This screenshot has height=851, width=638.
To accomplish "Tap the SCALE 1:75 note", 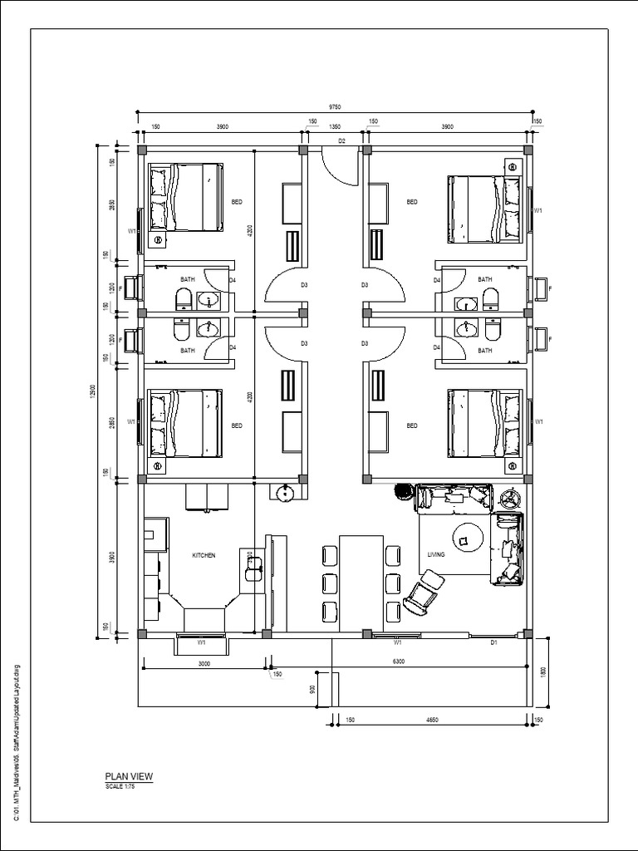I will point(120,786).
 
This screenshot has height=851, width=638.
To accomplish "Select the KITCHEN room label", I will point(204,555).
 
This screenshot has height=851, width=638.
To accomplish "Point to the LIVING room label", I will point(436,555).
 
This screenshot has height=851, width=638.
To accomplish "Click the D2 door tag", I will point(341,142).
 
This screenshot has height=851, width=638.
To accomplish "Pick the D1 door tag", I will point(493,642).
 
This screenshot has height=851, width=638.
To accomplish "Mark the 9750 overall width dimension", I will point(334,107).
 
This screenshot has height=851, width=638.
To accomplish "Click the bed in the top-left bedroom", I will point(185,197).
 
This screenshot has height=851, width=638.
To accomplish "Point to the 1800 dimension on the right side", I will point(544,671).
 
